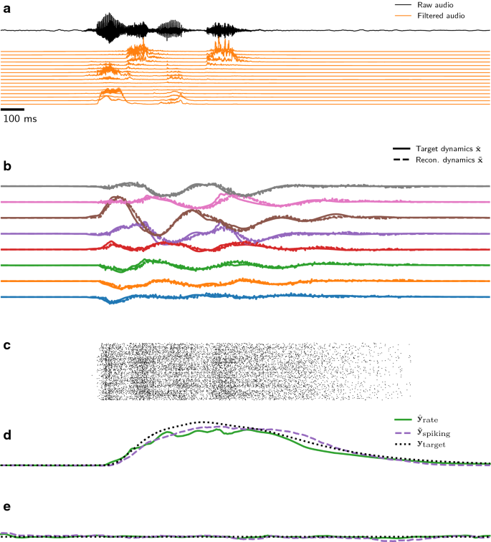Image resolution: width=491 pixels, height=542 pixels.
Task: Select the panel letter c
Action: (x=6, y=346)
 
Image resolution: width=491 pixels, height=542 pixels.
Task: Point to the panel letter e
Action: (x=6, y=506)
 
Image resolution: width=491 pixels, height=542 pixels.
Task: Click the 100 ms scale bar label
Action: (x=19, y=118)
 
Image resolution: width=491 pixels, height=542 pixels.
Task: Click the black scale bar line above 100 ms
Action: (x=13, y=109)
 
